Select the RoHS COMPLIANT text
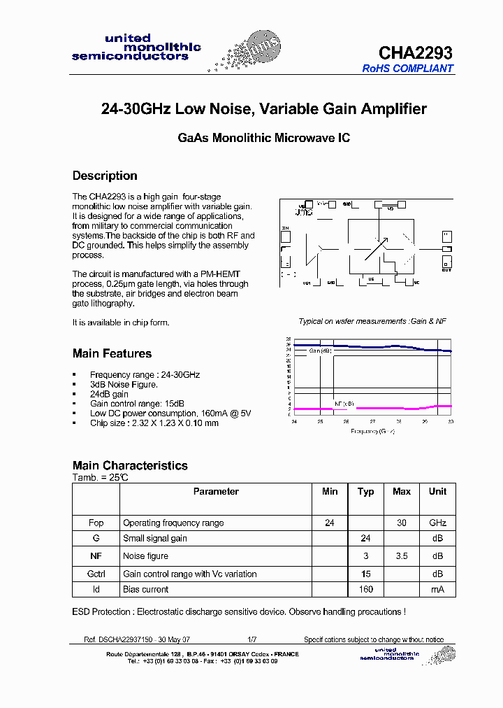[x=408, y=69]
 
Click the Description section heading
[x=105, y=176]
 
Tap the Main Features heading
[x=112, y=353]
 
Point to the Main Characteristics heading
[x=130, y=465]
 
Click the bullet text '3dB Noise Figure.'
[x=124, y=384]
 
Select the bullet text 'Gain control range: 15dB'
[x=137, y=404]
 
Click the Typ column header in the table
[x=365, y=492]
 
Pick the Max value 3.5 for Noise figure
[x=401, y=556]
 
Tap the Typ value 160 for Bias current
[x=365, y=589]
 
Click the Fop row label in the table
[x=96, y=523]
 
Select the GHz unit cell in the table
[x=437, y=523]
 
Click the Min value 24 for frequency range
[x=330, y=523]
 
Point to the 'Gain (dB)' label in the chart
[x=320, y=351]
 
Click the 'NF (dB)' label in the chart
[x=344, y=404]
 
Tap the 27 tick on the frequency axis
[x=372, y=422]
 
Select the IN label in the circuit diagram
[x=285, y=229]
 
